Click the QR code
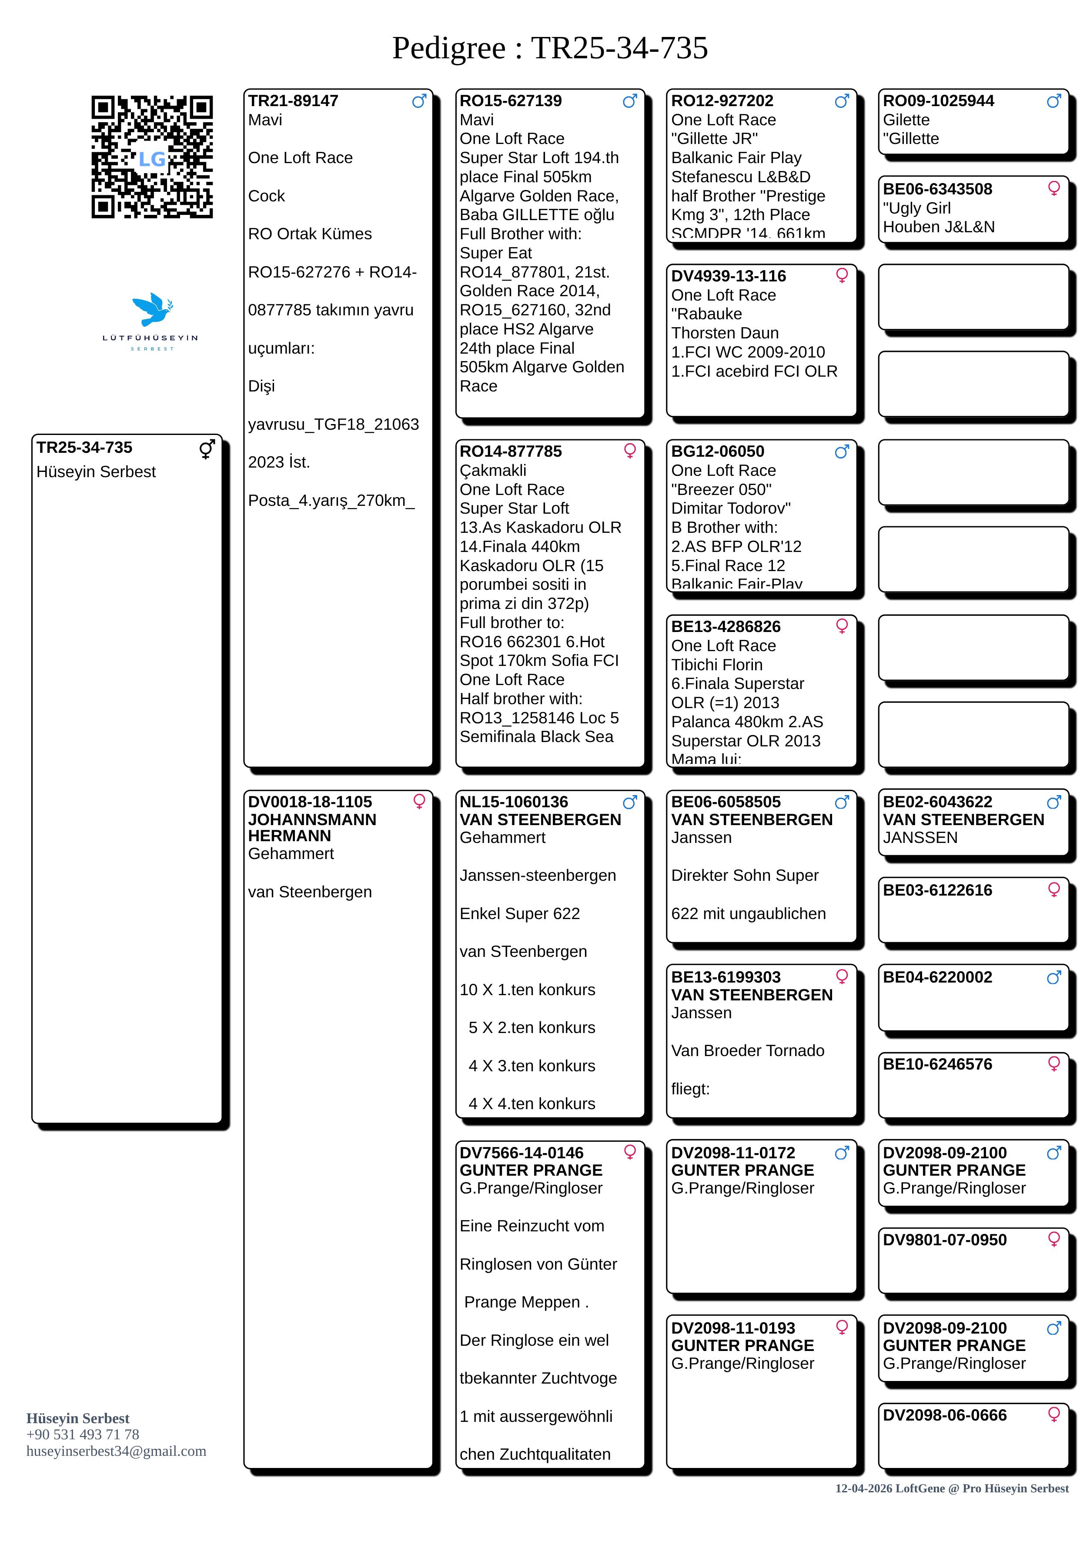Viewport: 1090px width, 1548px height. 152,157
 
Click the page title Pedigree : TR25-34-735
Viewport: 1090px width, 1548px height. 549,48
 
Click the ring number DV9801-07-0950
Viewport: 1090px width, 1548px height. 944,1240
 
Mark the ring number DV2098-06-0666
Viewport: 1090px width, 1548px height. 944,1416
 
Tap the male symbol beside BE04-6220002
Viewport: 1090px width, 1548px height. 1053,977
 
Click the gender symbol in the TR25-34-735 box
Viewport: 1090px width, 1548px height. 207,449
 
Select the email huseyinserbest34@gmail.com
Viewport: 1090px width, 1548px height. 116,1451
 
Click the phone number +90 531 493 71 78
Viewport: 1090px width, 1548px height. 82,1435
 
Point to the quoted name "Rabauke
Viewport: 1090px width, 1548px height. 706,314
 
